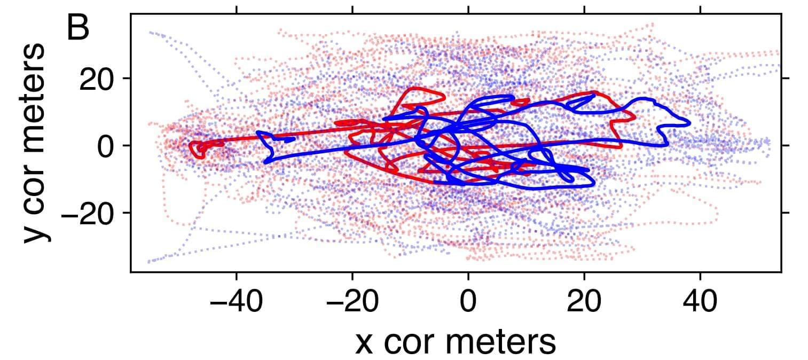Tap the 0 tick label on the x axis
(x=468, y=303)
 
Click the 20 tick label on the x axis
(x=584, y=303)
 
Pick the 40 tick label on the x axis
(x=700, y=303)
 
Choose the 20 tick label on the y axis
(x=98, y=79)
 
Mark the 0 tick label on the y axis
(x=108, y=146)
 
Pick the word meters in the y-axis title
(x=36, y=88)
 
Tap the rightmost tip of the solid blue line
(x=690, y=123)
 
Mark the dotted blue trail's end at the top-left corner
(x=150, y=32)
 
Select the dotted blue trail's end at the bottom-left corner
(x=149, y=262)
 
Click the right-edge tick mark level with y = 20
(x=785, y=79)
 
